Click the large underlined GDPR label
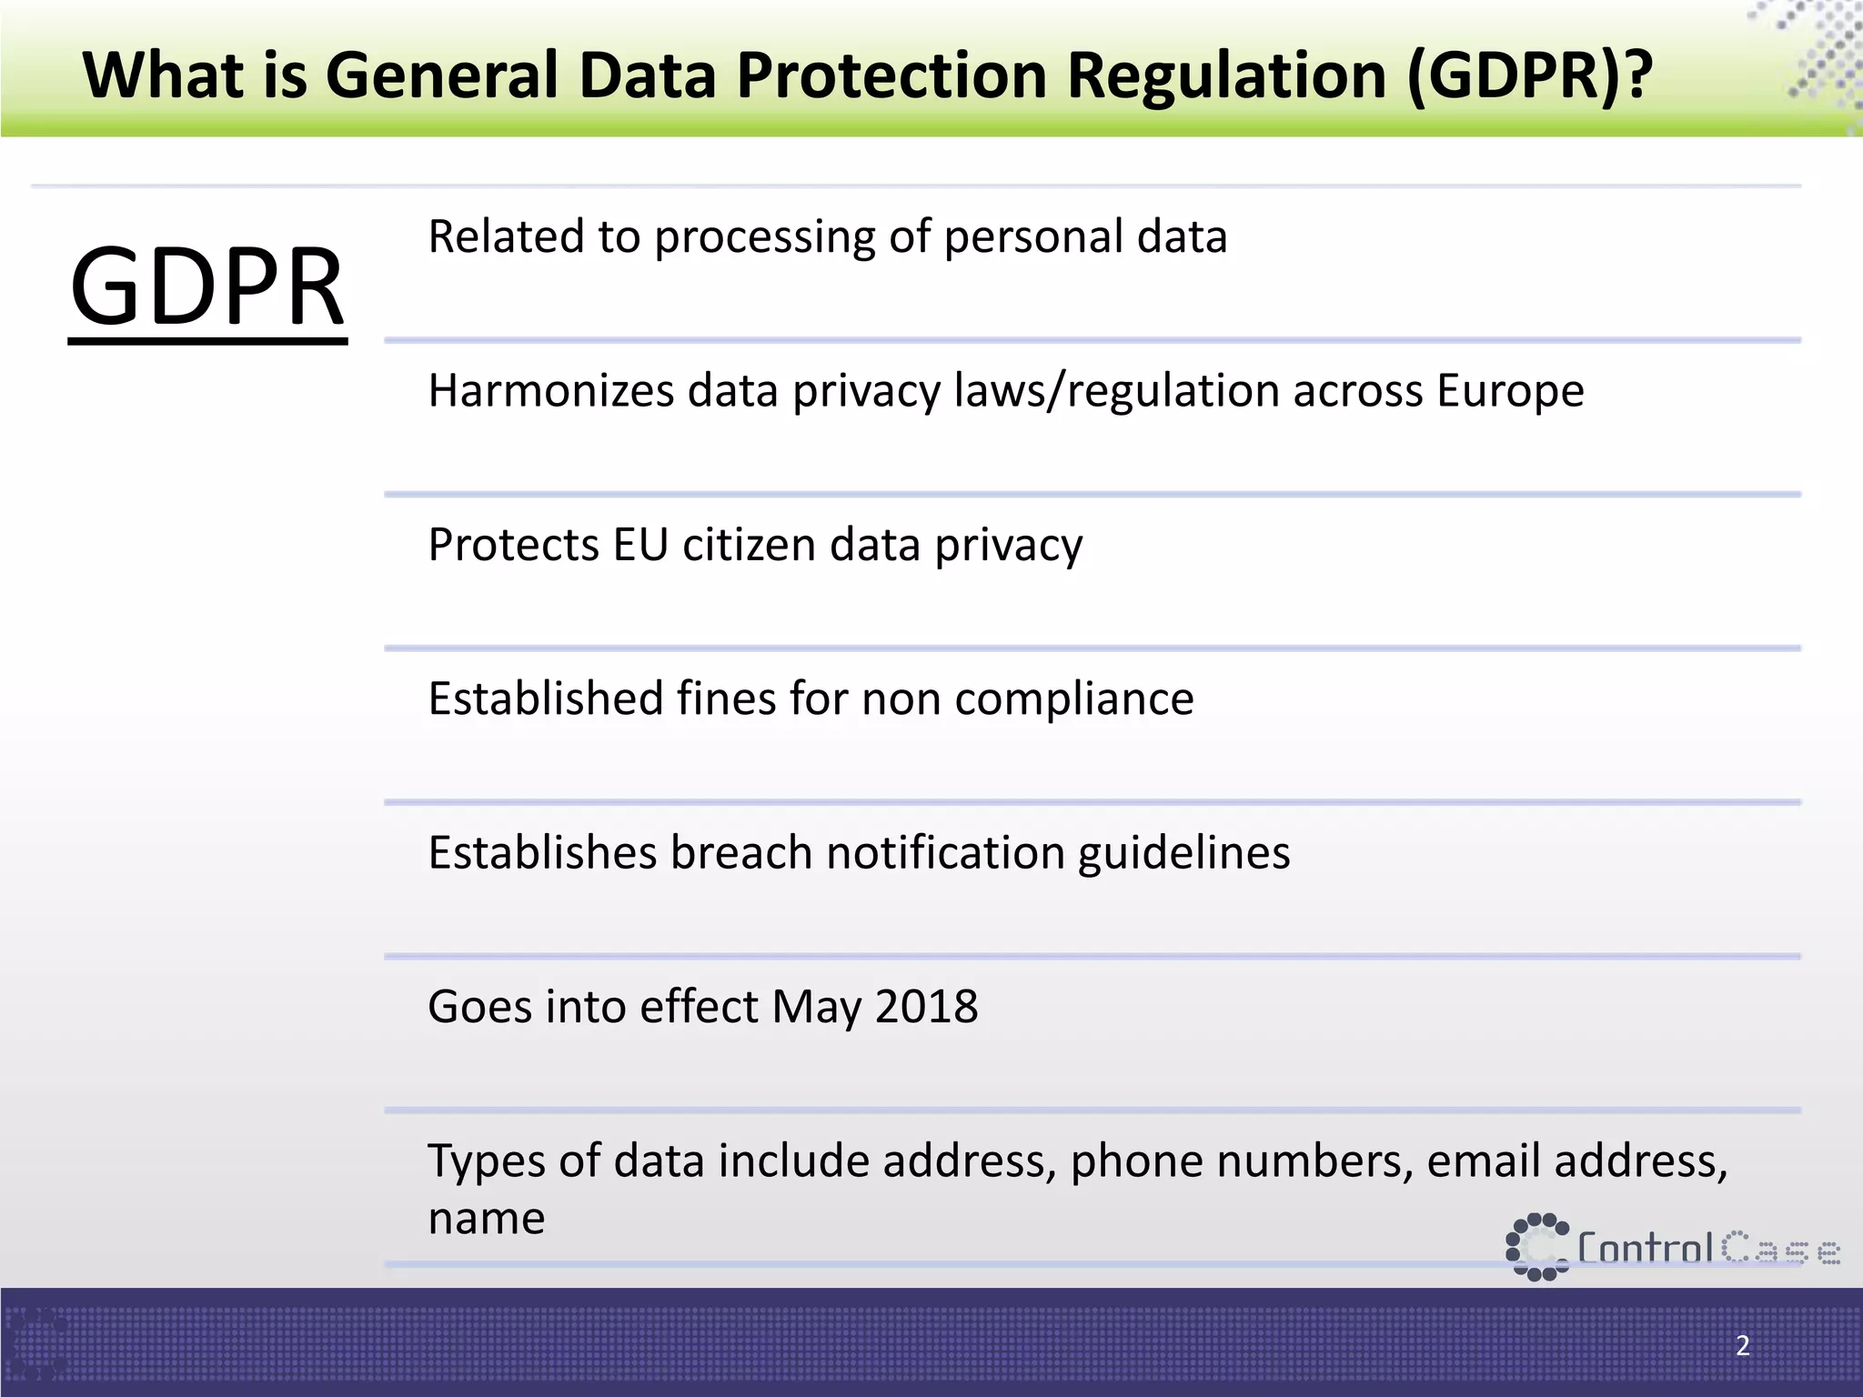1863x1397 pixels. [207, 287]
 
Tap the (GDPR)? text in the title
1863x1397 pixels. [1528, 75]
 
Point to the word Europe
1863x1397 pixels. [1510, 391]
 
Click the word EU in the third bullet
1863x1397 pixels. [640, 546]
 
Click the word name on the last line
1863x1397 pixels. [487, 1219]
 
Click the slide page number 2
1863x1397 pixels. [1742, 1345]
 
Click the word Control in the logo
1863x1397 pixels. [1646, 1249]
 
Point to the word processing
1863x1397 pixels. [764, 238]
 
